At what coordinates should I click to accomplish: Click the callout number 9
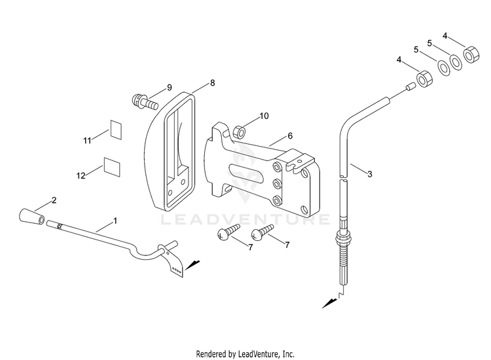[x=170, y=87]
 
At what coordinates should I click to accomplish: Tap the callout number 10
[x=264, y=116]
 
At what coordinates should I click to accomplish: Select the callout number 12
[x=81, y=175]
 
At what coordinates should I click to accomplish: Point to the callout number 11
[x=87, y=141]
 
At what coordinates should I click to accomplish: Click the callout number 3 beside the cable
[x=370, y=174]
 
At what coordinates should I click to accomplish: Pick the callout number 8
[x=213, y=83]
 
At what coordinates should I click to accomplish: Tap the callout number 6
[x=290, y=136]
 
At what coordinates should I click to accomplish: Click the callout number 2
[x=54, y=200]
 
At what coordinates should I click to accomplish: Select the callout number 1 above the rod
[x=115, y=221]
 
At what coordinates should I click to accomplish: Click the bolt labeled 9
[x=144, y=101]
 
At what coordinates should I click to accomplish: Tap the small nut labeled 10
[x=240, y=132]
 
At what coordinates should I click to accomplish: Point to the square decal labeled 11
[x=116, y=130]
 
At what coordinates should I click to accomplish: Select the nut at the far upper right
[x=471, y=55]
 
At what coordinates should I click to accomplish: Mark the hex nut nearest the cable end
[x=425, y=79]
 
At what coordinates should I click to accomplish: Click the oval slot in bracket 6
[x=247, y=173]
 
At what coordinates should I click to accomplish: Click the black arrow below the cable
[x=329, y=303]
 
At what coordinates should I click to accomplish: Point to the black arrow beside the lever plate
[x=192, y=265]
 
